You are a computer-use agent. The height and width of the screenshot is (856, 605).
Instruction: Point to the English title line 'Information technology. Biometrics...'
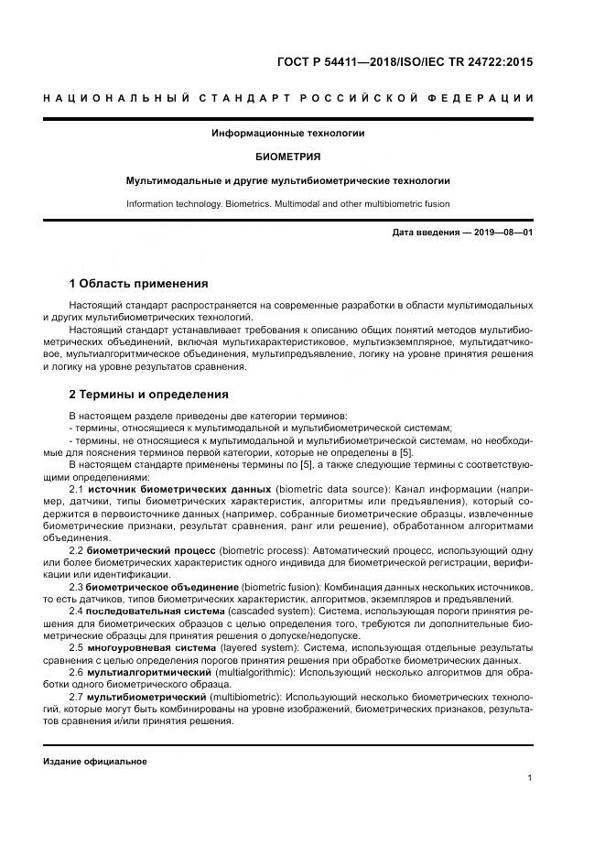pyautogui.click(x=287, y=204)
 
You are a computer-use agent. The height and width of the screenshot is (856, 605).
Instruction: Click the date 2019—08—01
pyautogui.click(x=502, y=233)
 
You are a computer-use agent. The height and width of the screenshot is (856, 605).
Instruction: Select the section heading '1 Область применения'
pyautogui.click(x=138, y=283)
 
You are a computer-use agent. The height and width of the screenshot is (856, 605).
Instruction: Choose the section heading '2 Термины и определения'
pyautogui.click(x=148, y=395)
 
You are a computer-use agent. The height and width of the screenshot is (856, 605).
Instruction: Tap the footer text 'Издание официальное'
pyautogui.click(x=94, y=762)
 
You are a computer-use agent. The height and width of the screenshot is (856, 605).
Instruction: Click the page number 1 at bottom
pyautogui.click(x=530, y=779)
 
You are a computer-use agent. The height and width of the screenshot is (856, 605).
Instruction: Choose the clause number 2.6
pyautogui.click(x=76, y=671)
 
